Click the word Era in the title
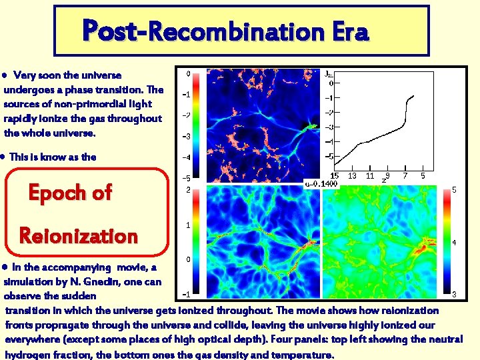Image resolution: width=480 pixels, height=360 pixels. [x=346, y=31]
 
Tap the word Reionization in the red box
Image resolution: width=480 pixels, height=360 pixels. [x=79, y=235]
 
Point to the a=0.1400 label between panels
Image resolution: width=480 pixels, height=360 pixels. [x=321, y=183]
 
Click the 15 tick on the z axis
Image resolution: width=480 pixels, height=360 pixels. [x=335, y=176]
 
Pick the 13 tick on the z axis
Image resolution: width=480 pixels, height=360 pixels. [x=353, y=176]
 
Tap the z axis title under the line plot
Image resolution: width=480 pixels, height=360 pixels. [x=383, y=180]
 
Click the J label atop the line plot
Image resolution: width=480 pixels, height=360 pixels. [x=329, y=74]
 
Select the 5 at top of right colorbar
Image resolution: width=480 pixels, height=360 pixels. [x=454, y=190]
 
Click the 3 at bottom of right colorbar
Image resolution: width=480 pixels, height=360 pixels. [x=454, y=294]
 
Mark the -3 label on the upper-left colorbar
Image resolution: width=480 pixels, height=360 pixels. [x=187, y=137]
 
